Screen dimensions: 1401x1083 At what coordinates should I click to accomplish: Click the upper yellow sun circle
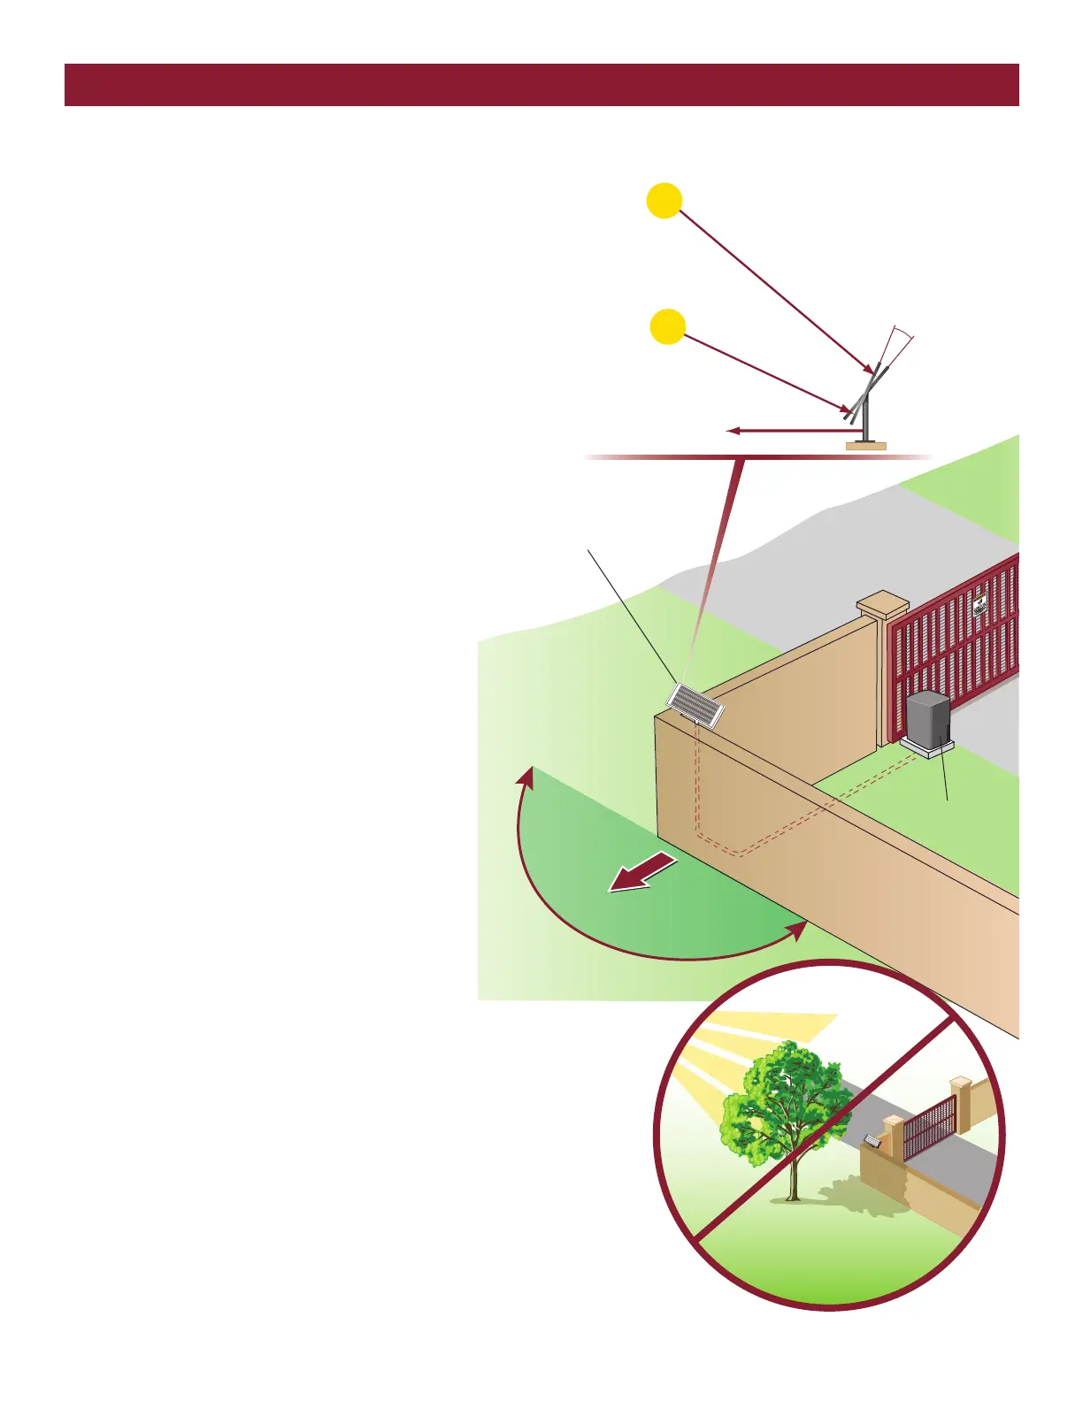click(x=664, y=200)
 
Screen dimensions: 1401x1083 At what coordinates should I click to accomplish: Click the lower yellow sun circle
click(x=668, y=326)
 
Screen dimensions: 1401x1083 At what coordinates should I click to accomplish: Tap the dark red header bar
click(x=541, y=85)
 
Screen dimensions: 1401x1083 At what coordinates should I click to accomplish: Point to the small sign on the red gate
click(x=979, y=607)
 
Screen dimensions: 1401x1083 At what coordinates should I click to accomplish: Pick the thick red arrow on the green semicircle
click(x=644, y=874)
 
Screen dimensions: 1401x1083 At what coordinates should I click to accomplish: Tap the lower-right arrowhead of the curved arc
click(x=798, y=930)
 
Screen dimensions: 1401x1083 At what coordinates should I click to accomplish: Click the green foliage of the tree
click(x=779, y=1097)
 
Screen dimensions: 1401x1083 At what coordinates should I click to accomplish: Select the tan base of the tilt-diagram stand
click(x=865, y=446)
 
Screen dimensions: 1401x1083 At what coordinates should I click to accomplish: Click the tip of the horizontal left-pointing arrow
click(x=730, y=431)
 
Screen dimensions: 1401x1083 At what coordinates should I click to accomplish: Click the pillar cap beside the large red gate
click(x=882, y=606)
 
